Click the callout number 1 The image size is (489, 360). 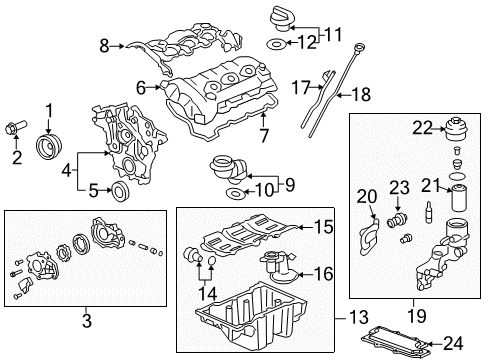click(x=47, y=109)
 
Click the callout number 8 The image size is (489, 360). click(x=104, y=44)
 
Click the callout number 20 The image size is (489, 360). click(x=364, y=195)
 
